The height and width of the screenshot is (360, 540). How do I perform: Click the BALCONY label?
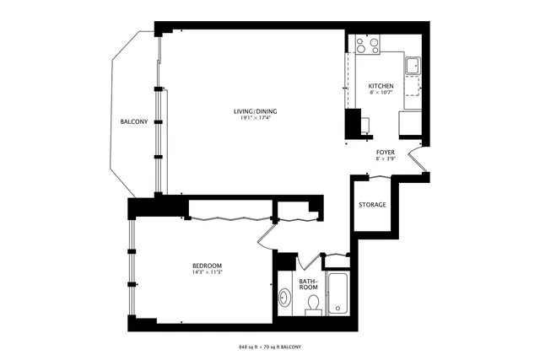click(x=133, y=122)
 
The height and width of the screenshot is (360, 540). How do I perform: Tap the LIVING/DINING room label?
click(x=256, y=111)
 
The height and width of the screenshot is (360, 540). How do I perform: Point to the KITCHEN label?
click(x=381, y=86)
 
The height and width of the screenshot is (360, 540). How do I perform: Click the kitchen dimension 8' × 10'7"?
click(x=381, y=93)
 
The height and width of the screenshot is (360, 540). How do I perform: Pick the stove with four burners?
click(x=367, y=44)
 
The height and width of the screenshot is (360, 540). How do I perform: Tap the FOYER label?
click(x=385, y=153)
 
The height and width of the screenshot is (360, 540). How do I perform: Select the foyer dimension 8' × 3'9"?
click(x=385, y=159)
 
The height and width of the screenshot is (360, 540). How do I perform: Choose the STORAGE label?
click(x=372, y=205)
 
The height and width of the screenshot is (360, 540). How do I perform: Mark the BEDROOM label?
click(x=207, y=265)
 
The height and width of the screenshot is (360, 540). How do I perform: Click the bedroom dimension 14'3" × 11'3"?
click(x=207, y=271)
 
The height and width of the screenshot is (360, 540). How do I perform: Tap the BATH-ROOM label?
click(x=308, y=283)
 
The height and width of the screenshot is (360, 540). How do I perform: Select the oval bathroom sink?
click(x=285, y=298)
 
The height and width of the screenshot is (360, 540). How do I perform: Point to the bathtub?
click(x=338, y=294)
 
